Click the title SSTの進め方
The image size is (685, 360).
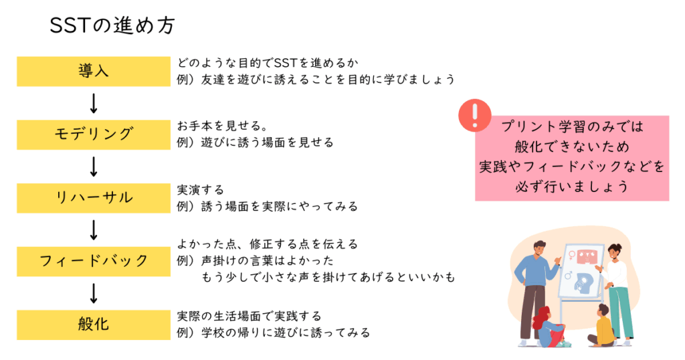coord(112,25)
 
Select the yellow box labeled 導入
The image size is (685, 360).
coord(94,71)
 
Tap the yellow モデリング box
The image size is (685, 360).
coord(94,134)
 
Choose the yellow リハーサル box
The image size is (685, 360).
coord(94,198)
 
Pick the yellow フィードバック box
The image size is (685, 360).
coord(94,261)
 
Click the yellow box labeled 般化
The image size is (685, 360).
coord(94,325)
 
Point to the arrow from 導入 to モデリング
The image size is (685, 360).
coord(94,103)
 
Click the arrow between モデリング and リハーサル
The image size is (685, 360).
coord(94,167)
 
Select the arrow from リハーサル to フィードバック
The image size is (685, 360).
coord(94,230)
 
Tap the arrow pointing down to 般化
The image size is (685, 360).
coord(94,293)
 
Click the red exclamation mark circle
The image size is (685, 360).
coord(475,115)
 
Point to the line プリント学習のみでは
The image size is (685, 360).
coord(572,126)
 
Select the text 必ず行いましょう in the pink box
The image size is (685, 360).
coord(572,187)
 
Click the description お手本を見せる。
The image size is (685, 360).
coord(222,126)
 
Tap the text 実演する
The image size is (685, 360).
coord(201,189)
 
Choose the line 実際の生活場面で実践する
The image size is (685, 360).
coord(249,316)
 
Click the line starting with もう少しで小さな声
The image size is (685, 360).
coord(328,277)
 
